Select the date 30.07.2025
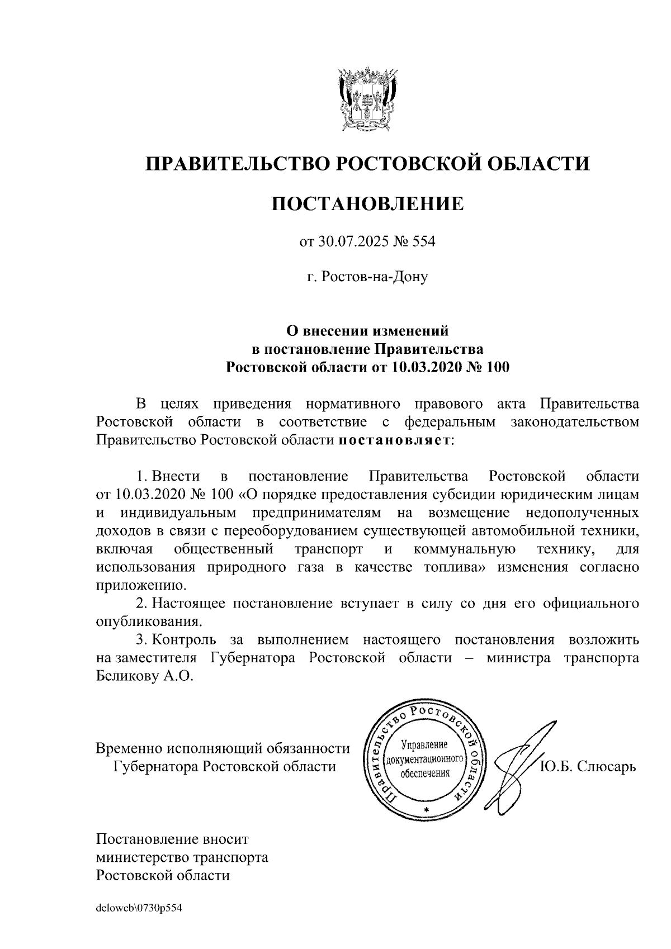point(349,243)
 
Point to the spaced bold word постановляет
point(395,440)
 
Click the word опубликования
point(148,621)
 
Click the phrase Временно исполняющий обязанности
point(223,748)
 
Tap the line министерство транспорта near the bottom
point(182,857)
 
